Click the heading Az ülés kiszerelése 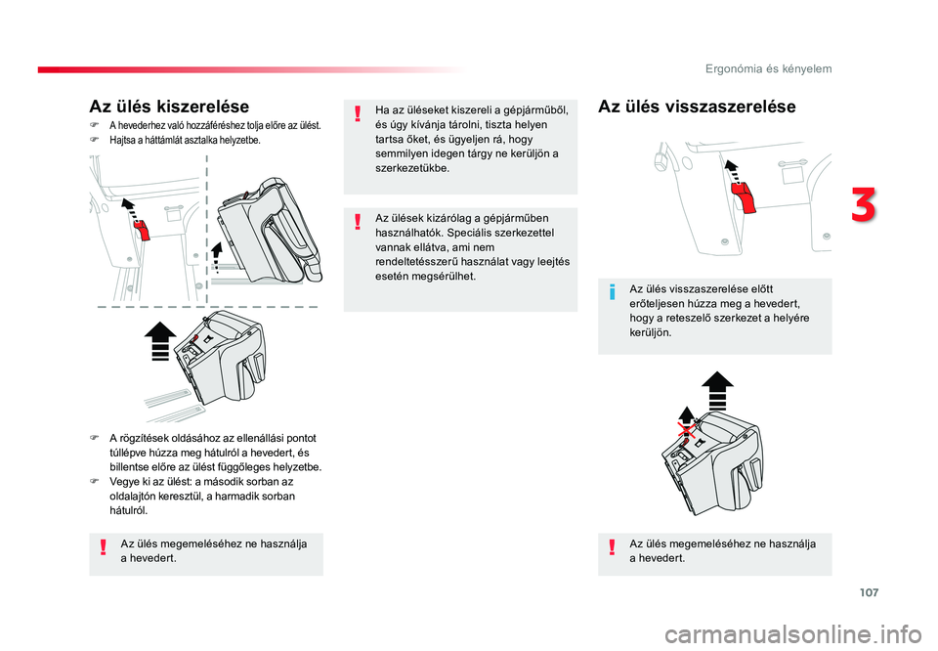[169, 107]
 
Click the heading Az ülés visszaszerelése [697, 107]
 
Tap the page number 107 [870, 592]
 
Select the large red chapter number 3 [863, 204]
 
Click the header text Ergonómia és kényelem [768, 68]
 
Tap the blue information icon [612, 292]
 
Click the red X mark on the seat [687, 431]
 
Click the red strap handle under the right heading [745, 196]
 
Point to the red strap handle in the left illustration [142, 230]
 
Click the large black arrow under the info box [717, 390]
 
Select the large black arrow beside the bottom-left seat [159, 340]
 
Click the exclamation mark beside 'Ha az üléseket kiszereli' [358, 113]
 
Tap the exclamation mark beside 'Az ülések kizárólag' [358, 221]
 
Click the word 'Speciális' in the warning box [468, 233]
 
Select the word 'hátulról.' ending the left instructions [129, 510]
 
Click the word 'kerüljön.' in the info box [651, 332]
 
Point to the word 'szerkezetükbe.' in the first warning [412, 168]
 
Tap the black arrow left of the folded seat [216, 257]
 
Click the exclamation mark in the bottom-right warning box [612, 546]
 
